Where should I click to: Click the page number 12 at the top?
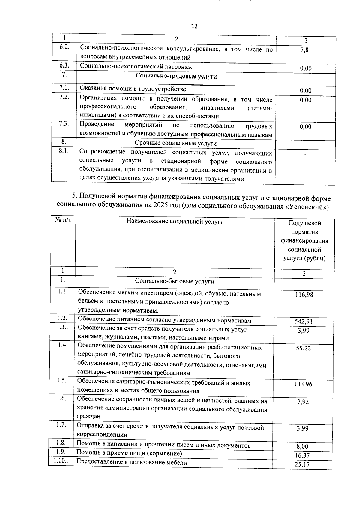pos(194,26)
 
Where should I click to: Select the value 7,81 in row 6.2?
pos(306,50)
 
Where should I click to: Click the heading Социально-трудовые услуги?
pos(176,76)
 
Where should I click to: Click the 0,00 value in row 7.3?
pos(306,127)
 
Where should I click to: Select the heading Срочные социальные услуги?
pos(176,144)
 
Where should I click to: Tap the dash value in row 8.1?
pos(305,154)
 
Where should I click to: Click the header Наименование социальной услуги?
pos(175,222)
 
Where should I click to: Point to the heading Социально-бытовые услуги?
pos(175,281)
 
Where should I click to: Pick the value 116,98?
pos(304,295)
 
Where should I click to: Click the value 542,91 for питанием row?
pos(304,322)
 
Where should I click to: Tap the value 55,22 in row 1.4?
pos(304,348)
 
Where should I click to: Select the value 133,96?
pos(303,384)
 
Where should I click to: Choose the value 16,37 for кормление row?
pos(302,455)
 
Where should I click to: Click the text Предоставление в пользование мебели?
pos(132,463)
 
